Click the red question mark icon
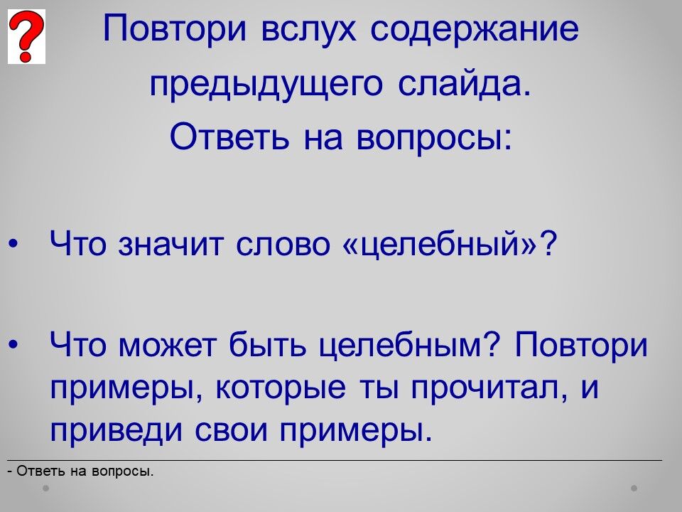pos(26,36)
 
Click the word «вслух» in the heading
pos(308,28)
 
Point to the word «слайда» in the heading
pos(465,83)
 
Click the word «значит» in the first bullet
pos(170,243)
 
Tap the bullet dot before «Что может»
pos(13,345)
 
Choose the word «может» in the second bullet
pos(168,346)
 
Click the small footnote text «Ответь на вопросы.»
pos(85,471)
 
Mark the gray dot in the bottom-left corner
pos(45,488)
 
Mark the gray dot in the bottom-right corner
pos(634,488)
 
